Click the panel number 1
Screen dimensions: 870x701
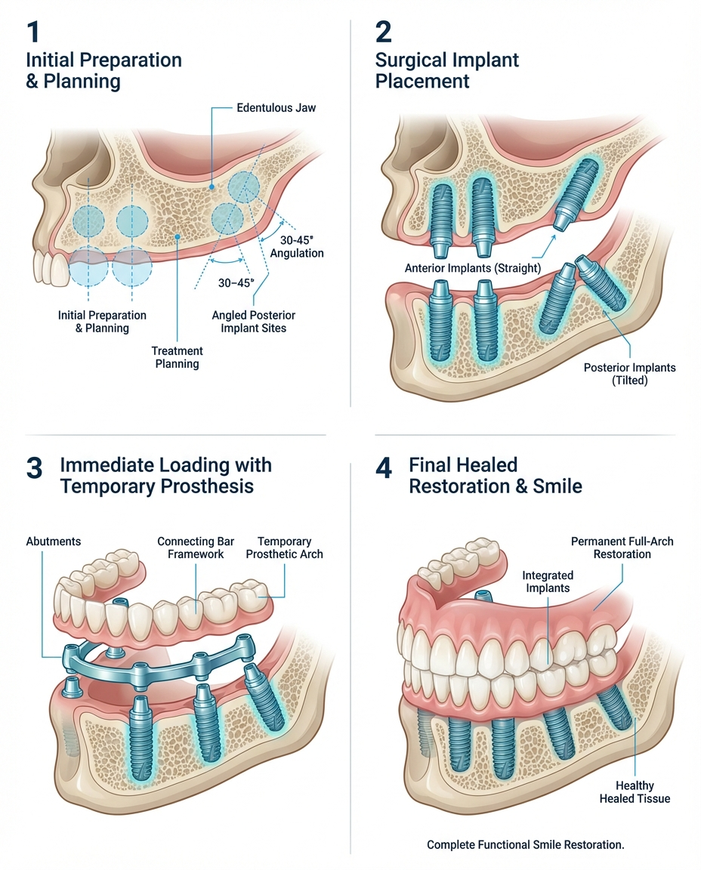[33, 34]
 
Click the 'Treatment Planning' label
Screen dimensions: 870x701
[177, 357]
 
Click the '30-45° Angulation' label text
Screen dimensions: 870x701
[297, 247]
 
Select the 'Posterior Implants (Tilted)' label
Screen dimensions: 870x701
[629, 374]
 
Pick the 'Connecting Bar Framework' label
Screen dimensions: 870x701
[190, 548]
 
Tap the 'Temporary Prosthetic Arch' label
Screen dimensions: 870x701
[285, 548]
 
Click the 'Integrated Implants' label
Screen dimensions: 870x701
[548, 582]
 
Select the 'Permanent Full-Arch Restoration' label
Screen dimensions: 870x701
[622, 548]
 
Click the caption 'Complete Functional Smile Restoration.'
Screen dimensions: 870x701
[526, 844]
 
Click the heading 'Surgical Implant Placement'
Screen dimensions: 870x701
[447, 69]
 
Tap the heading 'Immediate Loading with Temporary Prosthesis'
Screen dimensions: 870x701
[165, 475]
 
